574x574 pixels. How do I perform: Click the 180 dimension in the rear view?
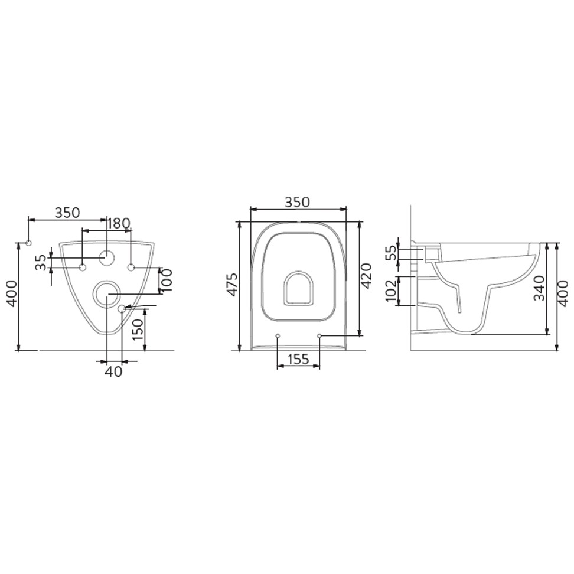point(119,223)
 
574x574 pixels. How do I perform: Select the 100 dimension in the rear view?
point(167,280)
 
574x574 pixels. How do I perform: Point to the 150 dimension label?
point(138,330)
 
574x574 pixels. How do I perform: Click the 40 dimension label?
point(113,372)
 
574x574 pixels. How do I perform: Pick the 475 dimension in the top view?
point(232,284)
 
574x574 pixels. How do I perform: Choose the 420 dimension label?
point(366,276)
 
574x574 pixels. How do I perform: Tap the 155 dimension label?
point(298,360)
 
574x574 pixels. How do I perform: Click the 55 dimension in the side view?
point(392,253)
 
